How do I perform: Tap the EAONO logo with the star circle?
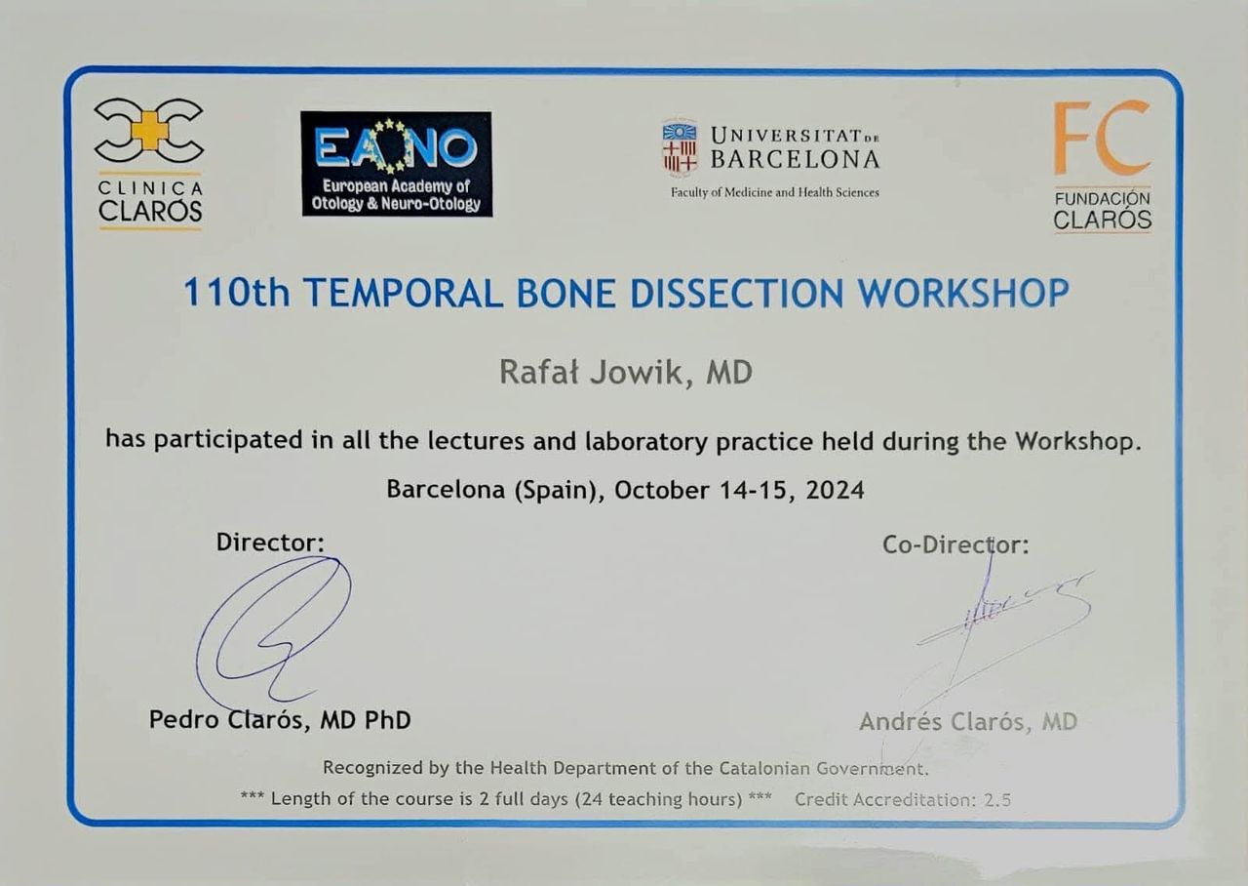point(396,164)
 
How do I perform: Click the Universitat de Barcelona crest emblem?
point(680,147)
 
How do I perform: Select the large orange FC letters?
point(1102,138)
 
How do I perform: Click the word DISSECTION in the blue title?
point(737,294)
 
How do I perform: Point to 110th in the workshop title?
point(237,293)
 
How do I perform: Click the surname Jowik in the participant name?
point(637,373)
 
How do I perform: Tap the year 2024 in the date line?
point(835,490)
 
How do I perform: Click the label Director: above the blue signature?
point(270,542)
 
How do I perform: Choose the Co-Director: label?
point(955,544)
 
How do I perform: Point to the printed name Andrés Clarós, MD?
point(968,721)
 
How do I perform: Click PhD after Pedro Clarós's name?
point(388,720)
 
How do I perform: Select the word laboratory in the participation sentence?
point(646,442)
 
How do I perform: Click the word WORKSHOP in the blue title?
point(963,294)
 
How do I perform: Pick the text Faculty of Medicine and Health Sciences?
point(774,192)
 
